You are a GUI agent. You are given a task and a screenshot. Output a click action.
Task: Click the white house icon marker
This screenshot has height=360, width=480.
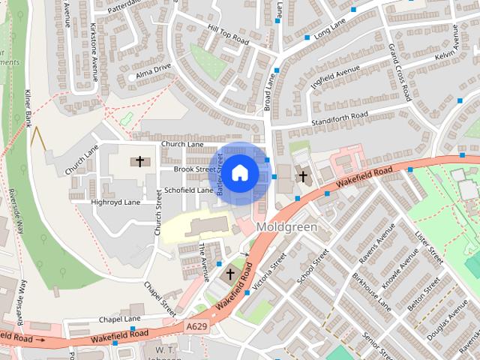point(239,173)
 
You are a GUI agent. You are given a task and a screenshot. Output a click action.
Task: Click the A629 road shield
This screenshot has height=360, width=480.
point(196,326)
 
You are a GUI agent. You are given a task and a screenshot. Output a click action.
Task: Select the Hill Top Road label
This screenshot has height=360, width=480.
point(229,34)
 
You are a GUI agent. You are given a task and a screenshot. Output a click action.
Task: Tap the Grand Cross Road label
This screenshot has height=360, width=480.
point(400,73)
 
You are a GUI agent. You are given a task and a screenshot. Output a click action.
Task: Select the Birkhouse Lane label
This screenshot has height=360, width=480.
point(373,294)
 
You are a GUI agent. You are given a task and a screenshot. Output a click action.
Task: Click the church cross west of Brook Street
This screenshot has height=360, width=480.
point(139,160)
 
